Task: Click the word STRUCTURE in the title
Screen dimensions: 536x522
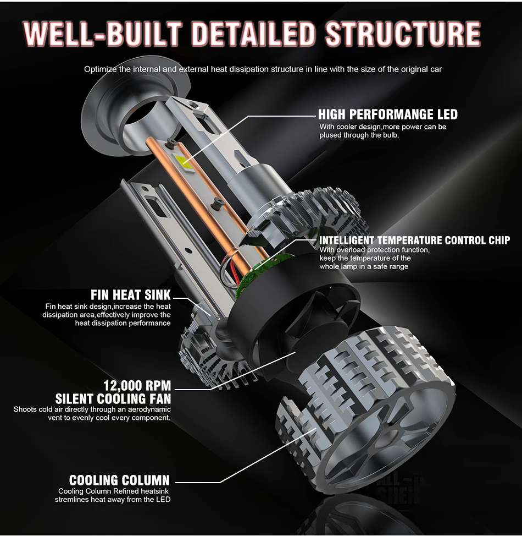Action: (403, 34)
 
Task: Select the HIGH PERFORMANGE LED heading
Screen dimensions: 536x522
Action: (388, 114)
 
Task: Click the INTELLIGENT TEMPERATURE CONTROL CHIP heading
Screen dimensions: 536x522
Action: (414, 240)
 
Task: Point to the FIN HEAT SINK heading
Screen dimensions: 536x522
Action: (131, 295)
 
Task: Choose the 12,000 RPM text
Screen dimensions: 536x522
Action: (137, 385)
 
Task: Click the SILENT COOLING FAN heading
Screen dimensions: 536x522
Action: (113, 399)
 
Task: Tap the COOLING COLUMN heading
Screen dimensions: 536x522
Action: (119, 480)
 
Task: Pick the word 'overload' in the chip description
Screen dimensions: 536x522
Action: (352, 250)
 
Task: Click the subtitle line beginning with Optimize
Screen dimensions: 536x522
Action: (263, 69)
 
